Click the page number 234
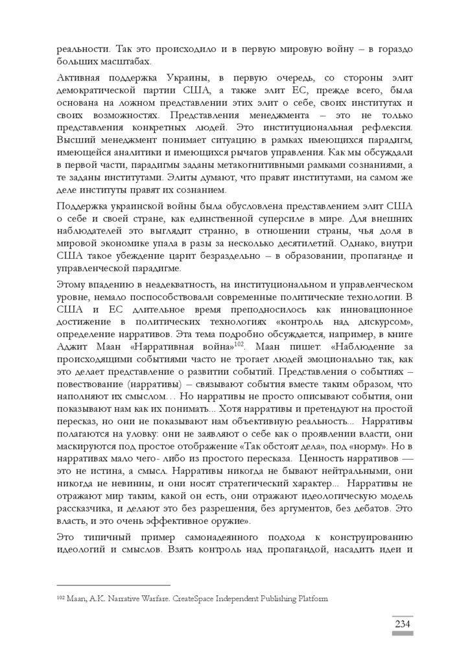coord(403,624)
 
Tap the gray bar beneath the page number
coord(403,634)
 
